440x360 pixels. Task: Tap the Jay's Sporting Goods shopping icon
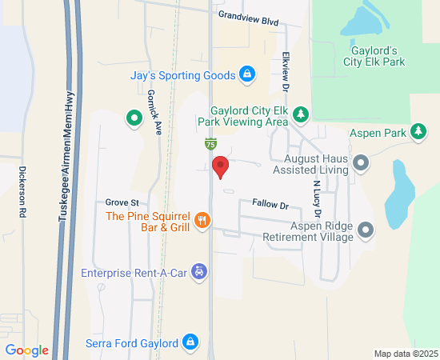(x=248, y=75)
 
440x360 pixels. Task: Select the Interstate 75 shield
(x=209, y=144)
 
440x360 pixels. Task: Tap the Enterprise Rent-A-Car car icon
(x=201, y=273)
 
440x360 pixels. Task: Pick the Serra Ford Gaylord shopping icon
(x=190, y=343)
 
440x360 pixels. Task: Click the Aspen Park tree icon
(x=417, y=131)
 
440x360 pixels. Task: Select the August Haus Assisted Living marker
(x=361, y=164)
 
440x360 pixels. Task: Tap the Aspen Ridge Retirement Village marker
(x=366, y=231)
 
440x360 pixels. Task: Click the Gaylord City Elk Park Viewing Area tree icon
(x=300, y=115)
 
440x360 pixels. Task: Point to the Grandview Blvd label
(x=248, y=18)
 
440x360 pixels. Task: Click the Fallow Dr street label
(x=270, y=206)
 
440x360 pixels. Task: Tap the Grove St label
(x=122, y=202)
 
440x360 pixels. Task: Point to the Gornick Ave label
(x=154, y=110)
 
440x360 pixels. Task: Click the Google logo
(x=26, y=350)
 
